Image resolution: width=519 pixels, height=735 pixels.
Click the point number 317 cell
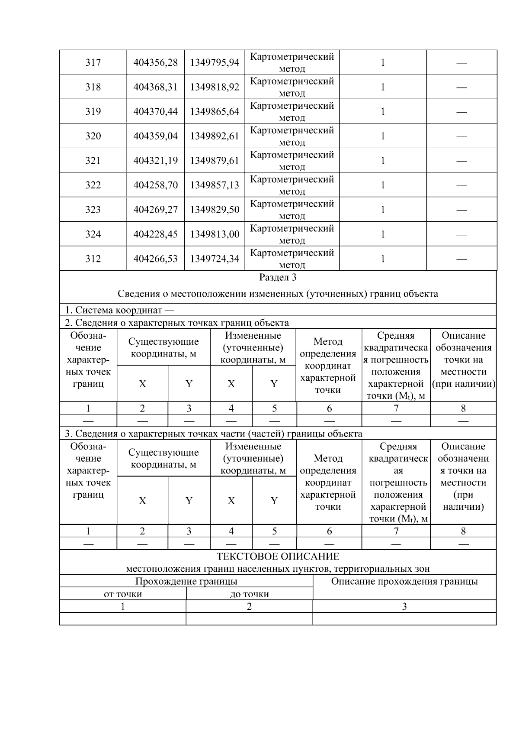tap(93, 62)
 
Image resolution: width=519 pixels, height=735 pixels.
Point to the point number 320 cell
tap(93, 136)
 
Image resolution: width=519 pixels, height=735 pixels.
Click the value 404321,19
tap(155, 161)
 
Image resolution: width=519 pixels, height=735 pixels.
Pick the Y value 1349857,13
tap(215, 185)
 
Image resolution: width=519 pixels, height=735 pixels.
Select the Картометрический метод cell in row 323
tap(292, 210)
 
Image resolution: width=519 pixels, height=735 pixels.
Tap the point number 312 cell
tap(93, 259)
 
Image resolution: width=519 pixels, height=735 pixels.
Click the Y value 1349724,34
tap(215, 259)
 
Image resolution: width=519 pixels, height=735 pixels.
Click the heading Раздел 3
tap(278, 277)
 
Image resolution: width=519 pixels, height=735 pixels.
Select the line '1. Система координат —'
tap(119, 310)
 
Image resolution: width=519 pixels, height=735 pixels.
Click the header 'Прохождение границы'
tap(186, 581)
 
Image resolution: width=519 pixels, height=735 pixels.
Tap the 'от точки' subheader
tap(123, 594)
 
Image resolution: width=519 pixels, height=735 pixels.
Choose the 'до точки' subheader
tap(249, 594)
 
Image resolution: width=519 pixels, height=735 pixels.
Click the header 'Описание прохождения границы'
tap(404, 581)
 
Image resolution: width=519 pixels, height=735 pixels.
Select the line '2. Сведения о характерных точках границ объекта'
tap(176, 323)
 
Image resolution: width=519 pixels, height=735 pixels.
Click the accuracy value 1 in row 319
tap(383, 112)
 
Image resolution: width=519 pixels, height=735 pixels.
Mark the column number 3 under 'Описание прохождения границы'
tap(404, 606)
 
